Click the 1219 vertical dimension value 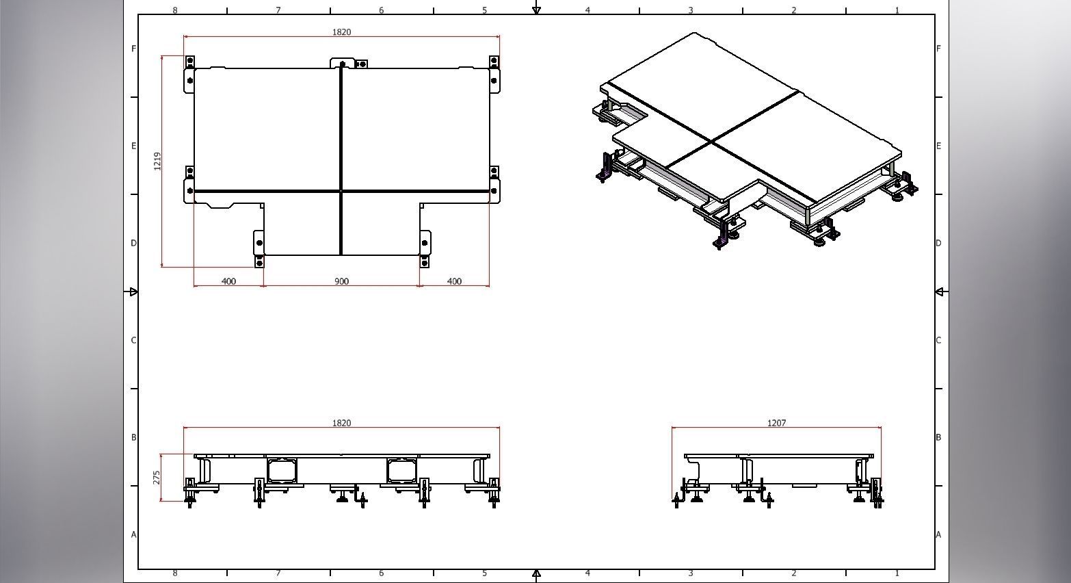[157, 161]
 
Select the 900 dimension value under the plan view [341, 281]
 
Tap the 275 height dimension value [157, 477]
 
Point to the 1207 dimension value [776, 423]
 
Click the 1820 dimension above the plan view [341, 32]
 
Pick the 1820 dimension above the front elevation [341, 423]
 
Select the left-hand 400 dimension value [229, 281]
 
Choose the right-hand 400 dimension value [454, 281]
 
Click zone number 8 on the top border [175, 10]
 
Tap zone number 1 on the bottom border [897, 573]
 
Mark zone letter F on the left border [133, 49]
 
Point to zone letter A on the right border [938, 534]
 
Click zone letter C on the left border [133, 340]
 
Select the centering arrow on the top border [537, 10]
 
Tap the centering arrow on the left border [133, 292]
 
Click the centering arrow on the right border [939, 292]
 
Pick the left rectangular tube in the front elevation [282, 470]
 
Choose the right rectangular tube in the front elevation [401, 470]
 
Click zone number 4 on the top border [587, 10]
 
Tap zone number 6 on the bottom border [381, 573]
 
